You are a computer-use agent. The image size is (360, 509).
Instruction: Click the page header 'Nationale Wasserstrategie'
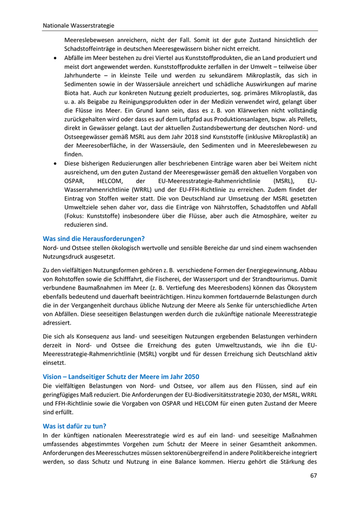click(78, 25)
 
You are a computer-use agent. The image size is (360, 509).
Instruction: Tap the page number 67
click(314, 475)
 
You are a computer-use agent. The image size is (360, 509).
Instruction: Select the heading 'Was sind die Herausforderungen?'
click(94, 238)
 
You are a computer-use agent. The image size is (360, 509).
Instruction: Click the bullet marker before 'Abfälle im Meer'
click(56, 58)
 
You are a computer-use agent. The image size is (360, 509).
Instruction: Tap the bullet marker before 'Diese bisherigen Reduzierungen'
click(56, 163)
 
